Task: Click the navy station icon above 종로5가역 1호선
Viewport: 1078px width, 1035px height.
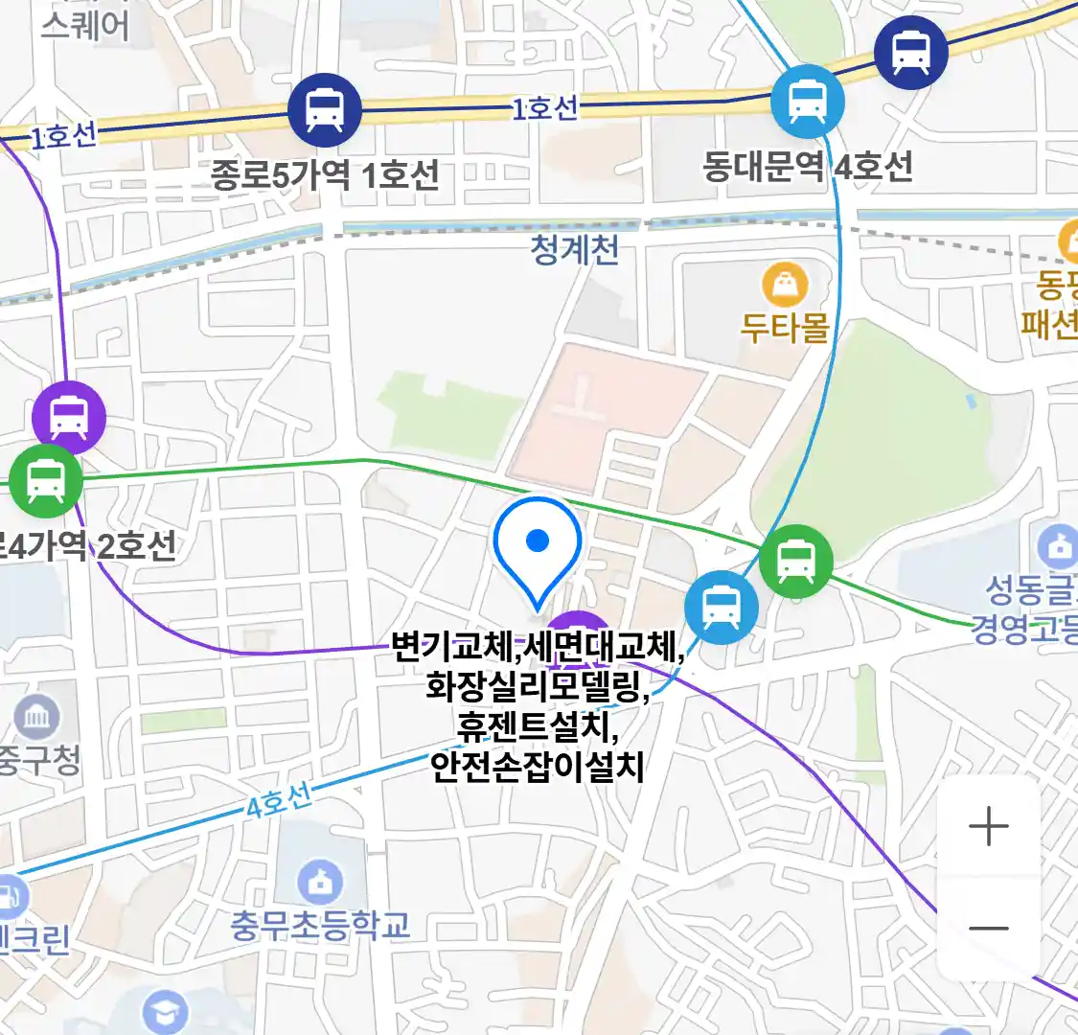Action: click(x=325, y=109)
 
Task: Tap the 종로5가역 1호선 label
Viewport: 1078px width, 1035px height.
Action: click(x=325, y=174)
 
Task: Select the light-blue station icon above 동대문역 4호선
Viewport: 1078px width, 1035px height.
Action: click(x=807, y=102)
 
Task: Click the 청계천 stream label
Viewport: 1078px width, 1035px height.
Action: click(x=575, y=250)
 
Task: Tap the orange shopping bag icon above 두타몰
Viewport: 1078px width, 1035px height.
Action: click(x=785, y=285)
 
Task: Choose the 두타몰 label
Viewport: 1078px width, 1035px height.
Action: click(x=785, y=328)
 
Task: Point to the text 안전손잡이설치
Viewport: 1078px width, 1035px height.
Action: click(x=538, y=767)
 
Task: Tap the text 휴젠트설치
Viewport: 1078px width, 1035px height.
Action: click(x=538, y=726)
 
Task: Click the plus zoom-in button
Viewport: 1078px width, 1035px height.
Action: click(x=988, y=826)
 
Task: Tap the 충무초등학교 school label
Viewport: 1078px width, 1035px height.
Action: click(x=320, y=925)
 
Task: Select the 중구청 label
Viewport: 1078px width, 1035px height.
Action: click(x=38, y=761)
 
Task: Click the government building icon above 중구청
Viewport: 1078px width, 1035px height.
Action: click(x=37, y=716)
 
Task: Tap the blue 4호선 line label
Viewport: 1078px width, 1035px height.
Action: click(x=278, y=801)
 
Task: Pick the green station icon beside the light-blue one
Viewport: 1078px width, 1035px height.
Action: click(x=795, y=562)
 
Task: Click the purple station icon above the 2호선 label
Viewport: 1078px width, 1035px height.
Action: click(x=68, y=417)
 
